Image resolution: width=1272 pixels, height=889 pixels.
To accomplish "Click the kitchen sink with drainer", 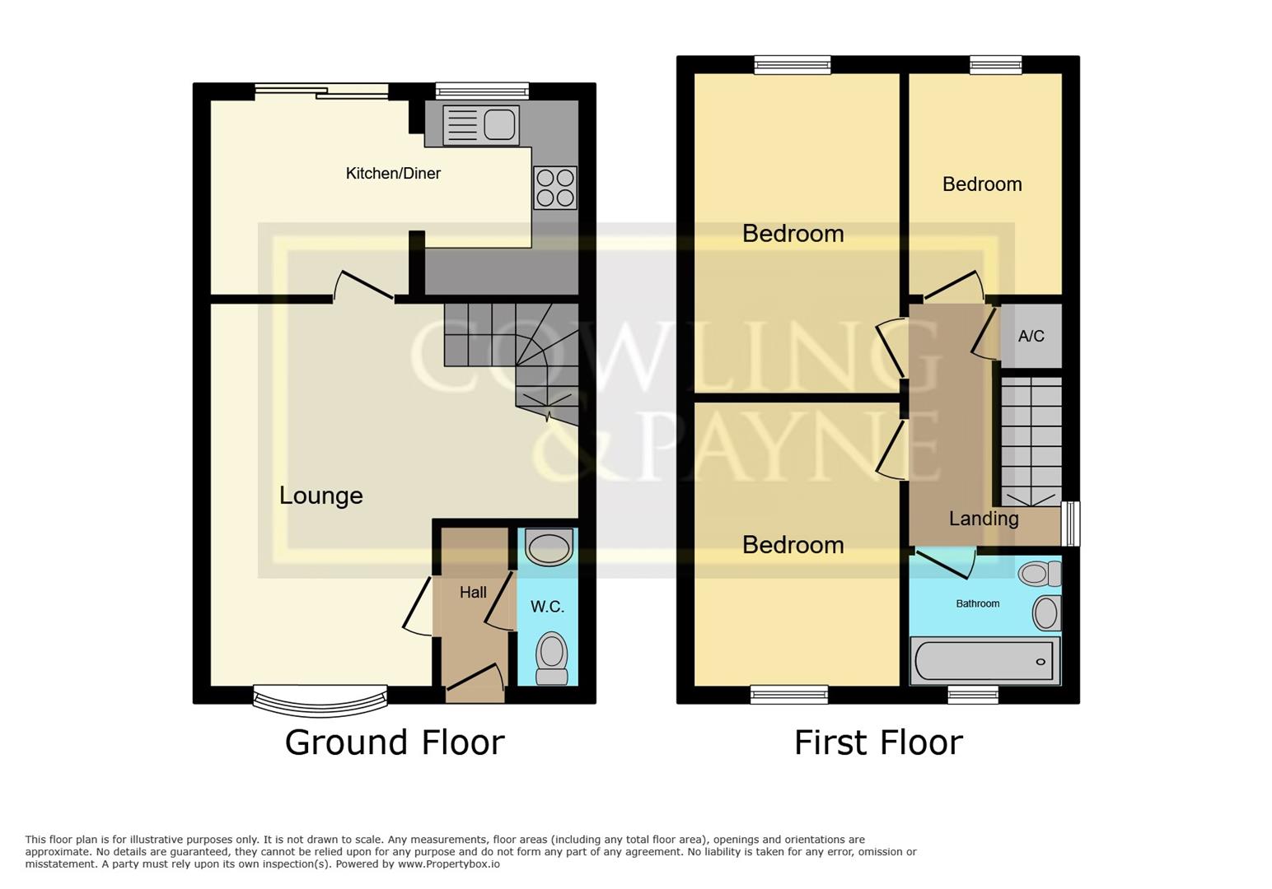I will point(481,125).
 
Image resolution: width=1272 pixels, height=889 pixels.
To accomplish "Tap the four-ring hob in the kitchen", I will point(554,188).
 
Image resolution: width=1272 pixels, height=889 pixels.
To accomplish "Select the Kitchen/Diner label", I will point(393,174).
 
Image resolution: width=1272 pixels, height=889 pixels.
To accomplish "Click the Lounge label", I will point(320,496).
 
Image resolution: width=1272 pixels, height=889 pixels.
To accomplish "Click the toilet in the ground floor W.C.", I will point(552,657).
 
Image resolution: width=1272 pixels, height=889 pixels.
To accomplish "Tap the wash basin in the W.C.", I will point(548,547).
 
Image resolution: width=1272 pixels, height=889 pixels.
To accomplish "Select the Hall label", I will point(473,593).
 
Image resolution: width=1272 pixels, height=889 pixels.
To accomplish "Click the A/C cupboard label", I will point(1031,336).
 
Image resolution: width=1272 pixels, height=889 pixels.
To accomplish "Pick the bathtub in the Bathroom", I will point(984,661).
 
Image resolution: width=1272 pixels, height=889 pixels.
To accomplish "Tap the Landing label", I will point(984,519).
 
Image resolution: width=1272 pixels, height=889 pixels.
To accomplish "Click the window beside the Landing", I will point(1070,524).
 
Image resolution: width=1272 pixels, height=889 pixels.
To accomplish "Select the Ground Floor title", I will point(394,742).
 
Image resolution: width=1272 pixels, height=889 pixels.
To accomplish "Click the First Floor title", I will point(878,742).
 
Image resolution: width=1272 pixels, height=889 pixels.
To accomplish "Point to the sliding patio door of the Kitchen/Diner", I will point(321,91).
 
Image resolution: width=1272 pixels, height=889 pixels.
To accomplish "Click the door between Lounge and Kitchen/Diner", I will point(363,287).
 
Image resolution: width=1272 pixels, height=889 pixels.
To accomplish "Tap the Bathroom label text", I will point(977,604).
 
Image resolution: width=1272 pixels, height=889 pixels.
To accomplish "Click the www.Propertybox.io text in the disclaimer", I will point(449,864).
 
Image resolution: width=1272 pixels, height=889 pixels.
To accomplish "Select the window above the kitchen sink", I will point(482,91).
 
